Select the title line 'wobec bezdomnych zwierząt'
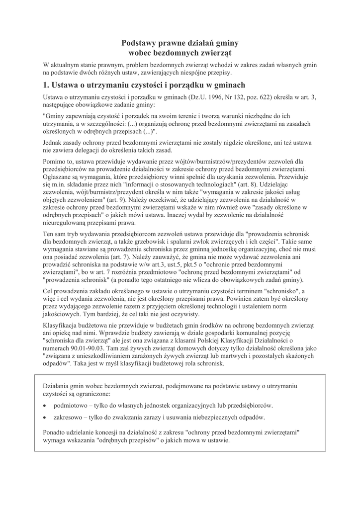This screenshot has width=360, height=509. pyautogui.click(x=180, y=53)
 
